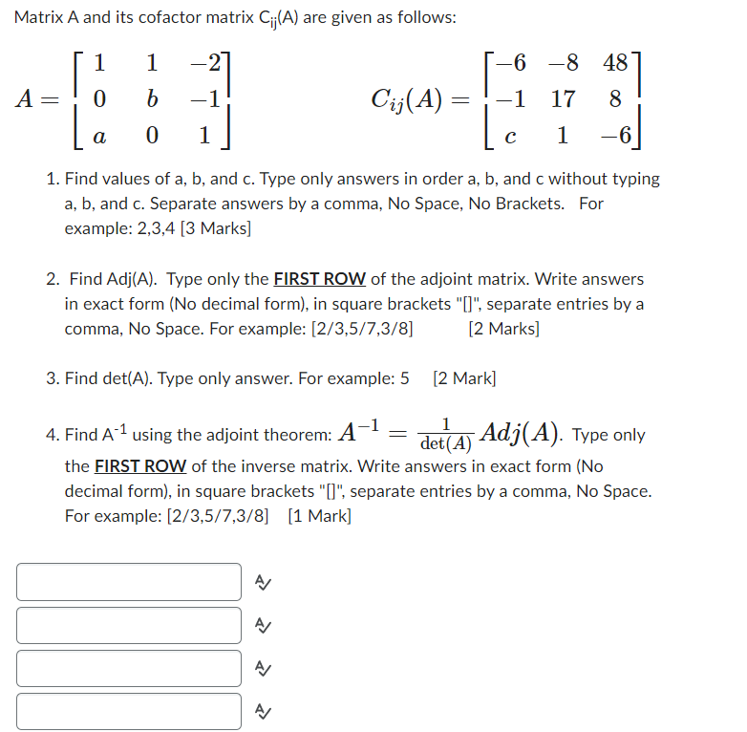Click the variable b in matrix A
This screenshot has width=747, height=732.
[152, 99]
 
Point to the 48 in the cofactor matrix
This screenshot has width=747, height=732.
[615, 63]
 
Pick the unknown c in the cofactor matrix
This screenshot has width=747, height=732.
[511, 137]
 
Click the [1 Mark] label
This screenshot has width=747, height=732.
[319, 516]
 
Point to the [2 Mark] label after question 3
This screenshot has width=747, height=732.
[464, 377]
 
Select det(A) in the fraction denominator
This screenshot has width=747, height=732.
[446, 444]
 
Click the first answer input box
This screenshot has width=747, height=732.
[129, 582]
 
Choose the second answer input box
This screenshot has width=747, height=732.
[129, 626]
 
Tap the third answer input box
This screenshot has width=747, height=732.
[129, 669]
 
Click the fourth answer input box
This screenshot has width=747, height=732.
[129, 712]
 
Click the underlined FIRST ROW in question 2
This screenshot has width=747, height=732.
[319, 279]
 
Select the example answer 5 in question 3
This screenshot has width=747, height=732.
[404, 377]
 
